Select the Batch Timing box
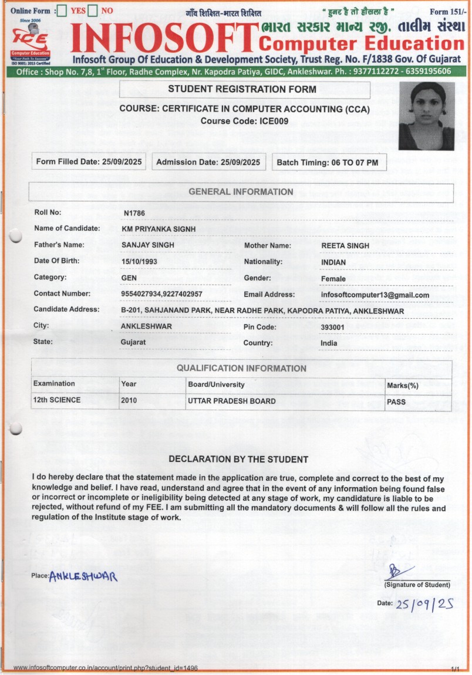tap(329, 162)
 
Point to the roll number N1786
tap(134, 213)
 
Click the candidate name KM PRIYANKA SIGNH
tap(159, 229)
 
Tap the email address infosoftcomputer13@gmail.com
tap(375, 295)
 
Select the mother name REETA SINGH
tap(345, 245)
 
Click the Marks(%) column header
tap(402, 385)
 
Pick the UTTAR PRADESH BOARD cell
tap(231, 401)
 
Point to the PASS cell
tap(396, 403)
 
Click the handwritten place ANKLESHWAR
tap(83, 576)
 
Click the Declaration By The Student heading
tap(238, 459)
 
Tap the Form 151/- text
tap(447, 12)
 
